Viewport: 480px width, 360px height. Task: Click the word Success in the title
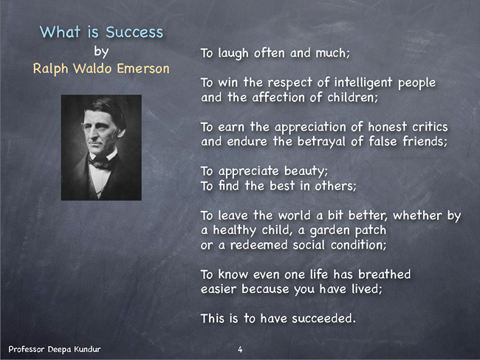click(x=134, y=32)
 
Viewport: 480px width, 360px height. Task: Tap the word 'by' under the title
click(x=101, y=52)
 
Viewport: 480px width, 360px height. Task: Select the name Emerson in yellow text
click(x=143, y=68)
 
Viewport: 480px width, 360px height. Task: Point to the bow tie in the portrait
click(x=100, y=162)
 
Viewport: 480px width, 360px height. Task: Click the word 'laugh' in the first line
click(x=233, y=54)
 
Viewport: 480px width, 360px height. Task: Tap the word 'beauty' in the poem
click(x=305, y=171)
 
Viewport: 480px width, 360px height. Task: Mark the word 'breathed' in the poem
click(x=385, y=274)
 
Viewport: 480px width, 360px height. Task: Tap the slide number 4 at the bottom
click(x=240, y=349)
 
